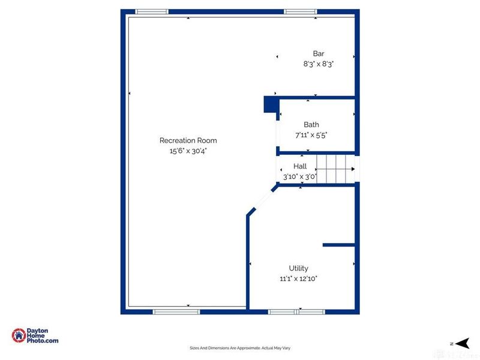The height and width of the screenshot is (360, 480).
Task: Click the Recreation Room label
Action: click(188, 140)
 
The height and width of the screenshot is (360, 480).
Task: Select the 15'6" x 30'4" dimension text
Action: click(188, 151)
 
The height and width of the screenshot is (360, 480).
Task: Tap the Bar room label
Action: click(319, 53)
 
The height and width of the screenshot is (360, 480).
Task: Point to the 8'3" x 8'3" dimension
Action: click(319, 64)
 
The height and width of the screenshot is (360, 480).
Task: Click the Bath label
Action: click(311, 125)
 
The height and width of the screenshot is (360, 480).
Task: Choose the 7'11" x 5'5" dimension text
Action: click(311, 135)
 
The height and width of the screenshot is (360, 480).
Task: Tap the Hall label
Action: click(300, 166)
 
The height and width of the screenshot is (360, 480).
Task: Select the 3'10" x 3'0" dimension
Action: click(300, 176)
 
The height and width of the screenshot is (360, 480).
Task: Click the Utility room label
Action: click(298, 268)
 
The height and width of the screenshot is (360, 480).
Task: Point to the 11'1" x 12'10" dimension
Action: click(298, 278)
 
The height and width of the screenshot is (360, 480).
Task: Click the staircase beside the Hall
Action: click(335, 169)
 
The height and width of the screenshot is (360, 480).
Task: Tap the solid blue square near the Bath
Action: click(269, 105)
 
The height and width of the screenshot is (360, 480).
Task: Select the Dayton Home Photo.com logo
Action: click(35, 336)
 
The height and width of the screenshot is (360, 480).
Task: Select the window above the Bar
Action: click(301, 11)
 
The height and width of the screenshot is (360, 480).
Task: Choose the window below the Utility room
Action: click(296, 311)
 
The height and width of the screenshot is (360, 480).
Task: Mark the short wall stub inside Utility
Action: click(339, 245)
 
